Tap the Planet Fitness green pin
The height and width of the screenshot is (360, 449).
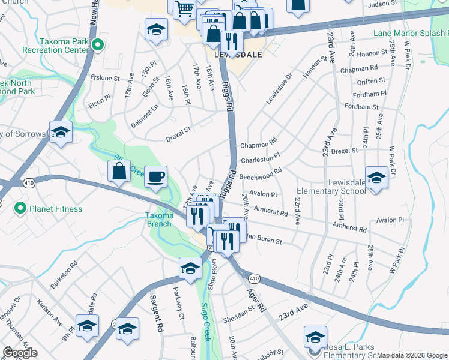20,208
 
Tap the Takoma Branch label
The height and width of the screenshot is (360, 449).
160,220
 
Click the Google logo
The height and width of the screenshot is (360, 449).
20,353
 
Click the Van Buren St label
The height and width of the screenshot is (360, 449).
264,240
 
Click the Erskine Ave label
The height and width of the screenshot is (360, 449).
104,77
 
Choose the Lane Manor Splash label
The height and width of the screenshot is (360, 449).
410,34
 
